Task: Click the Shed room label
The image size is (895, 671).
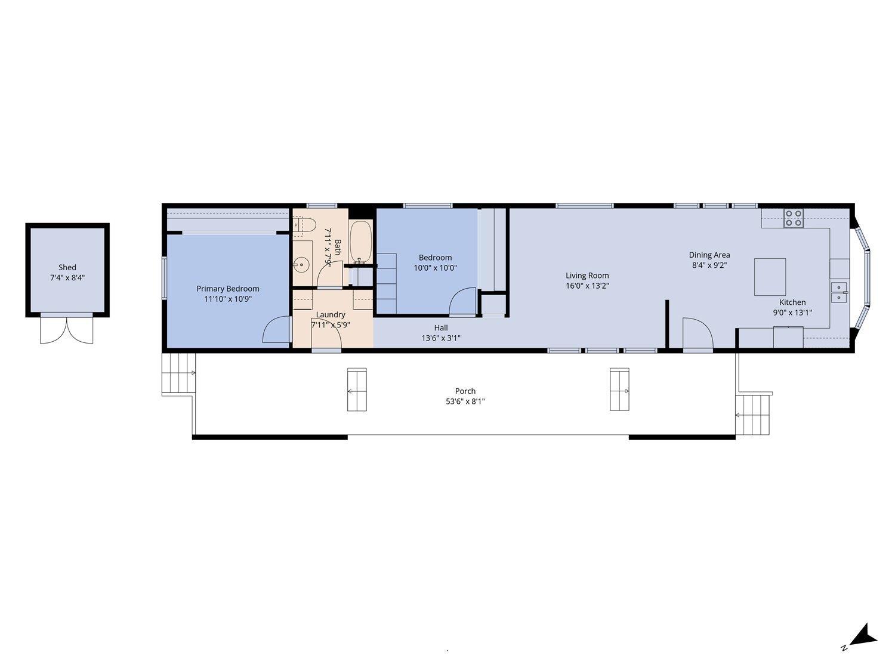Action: click(x=67, y=268)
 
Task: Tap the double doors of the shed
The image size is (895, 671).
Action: click(x=67, y=329)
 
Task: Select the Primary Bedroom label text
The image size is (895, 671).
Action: click(x=228, y=289)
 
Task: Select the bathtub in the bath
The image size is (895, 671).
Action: click(x=360, y=242)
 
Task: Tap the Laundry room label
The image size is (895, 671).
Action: click(x=331, y=314)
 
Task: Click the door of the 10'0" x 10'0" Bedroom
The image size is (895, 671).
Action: click(x=463, y=301)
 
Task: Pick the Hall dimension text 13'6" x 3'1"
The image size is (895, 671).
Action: click(x=441, y=338)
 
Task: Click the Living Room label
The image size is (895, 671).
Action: click(x=587, y=276)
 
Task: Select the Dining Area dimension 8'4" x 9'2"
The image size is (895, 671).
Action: click(x=709, y=265)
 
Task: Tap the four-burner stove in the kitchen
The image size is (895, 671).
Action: click(x=793, y=219)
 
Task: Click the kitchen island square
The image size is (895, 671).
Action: click(x=770, y=277)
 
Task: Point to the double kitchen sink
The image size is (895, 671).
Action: click(x=839, y=292)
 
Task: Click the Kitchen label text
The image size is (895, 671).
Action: click(x=792, y=302)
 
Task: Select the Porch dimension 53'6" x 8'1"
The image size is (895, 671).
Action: click(x=465, y=401)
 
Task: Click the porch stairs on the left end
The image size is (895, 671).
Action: click(x=178, y=373)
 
